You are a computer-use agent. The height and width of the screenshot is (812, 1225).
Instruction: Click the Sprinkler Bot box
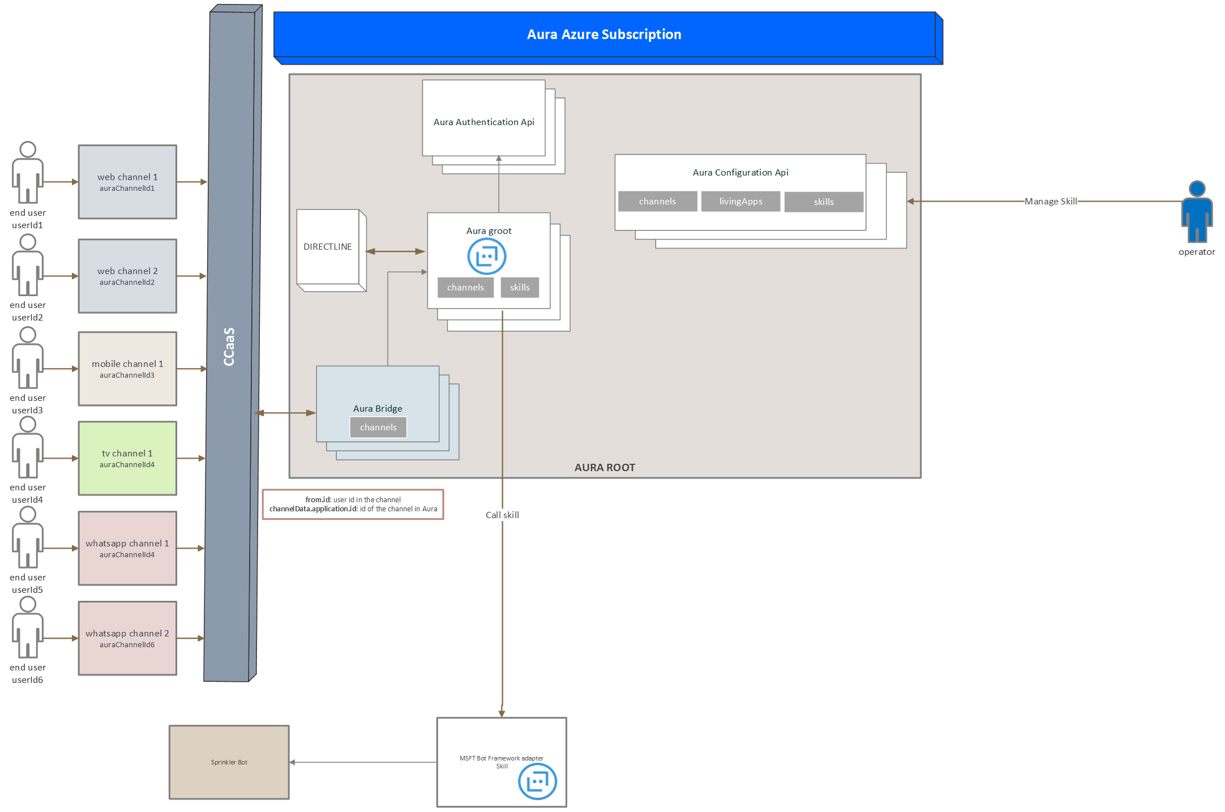(x=229, y=762)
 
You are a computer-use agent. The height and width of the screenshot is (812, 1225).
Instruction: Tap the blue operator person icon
(x=1197, y=212)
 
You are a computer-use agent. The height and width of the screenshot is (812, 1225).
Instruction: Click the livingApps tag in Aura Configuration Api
(x=740, y=202)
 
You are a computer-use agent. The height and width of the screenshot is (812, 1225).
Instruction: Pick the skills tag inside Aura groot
(x=520, y=288)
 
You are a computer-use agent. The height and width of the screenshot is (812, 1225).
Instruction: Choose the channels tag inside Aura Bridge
(x=378, y=428)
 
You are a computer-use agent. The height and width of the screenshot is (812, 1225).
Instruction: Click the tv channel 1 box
(x=127, y=458)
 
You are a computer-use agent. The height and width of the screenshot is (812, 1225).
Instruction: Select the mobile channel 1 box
(x=127, y=369)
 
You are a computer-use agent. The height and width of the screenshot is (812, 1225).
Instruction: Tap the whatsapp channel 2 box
(x=127, y=638)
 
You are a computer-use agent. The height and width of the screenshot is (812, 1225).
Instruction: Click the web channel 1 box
(x=127, y=182)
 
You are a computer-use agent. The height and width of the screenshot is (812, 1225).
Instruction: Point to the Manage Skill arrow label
(x=1051, y=201)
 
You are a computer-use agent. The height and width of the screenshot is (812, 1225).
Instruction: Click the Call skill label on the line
(x=502, y=515)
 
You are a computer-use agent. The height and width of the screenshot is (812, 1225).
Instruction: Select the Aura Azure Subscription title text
(x=604, y=35)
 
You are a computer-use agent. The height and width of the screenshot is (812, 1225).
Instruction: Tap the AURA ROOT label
(x=605, y=468)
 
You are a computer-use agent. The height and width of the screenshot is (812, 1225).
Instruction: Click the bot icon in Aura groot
(x=487, y=257)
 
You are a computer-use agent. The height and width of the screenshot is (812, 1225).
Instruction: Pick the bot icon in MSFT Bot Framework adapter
(x=537, y=781)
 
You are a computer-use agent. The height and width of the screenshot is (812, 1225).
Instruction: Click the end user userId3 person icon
(x=28, y=358)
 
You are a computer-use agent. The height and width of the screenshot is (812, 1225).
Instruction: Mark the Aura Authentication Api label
(x=484, y=122)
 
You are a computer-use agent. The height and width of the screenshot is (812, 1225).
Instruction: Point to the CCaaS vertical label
(x=229, y=347)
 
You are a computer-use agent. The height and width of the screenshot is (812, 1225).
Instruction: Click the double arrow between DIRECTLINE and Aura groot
(x=396, y=251)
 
